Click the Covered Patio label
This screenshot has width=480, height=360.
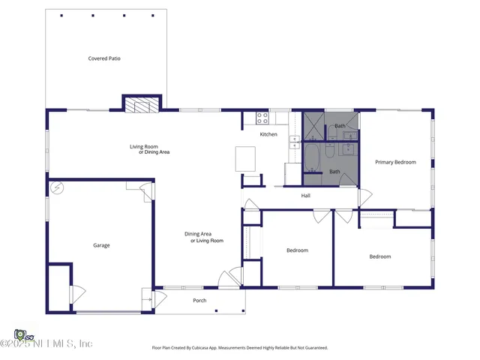click(x=104, y=58)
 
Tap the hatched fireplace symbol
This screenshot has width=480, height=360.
click(x=142, y=104)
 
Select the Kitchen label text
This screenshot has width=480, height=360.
click(x=268, y=134)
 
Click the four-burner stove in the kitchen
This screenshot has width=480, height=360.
click(x=262, y=118)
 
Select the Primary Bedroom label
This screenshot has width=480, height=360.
click(x=395, y=162)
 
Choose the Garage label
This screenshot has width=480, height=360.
click(x=101, y=245)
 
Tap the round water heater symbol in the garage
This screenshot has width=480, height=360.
click(x=56, y=187)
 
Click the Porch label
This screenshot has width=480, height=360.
click(x=199, y=301)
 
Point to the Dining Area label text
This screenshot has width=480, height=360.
click(x=198, y=234)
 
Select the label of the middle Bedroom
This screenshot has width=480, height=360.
click(x=298, y=250)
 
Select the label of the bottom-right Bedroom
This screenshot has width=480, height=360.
click(x=380, y=256)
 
